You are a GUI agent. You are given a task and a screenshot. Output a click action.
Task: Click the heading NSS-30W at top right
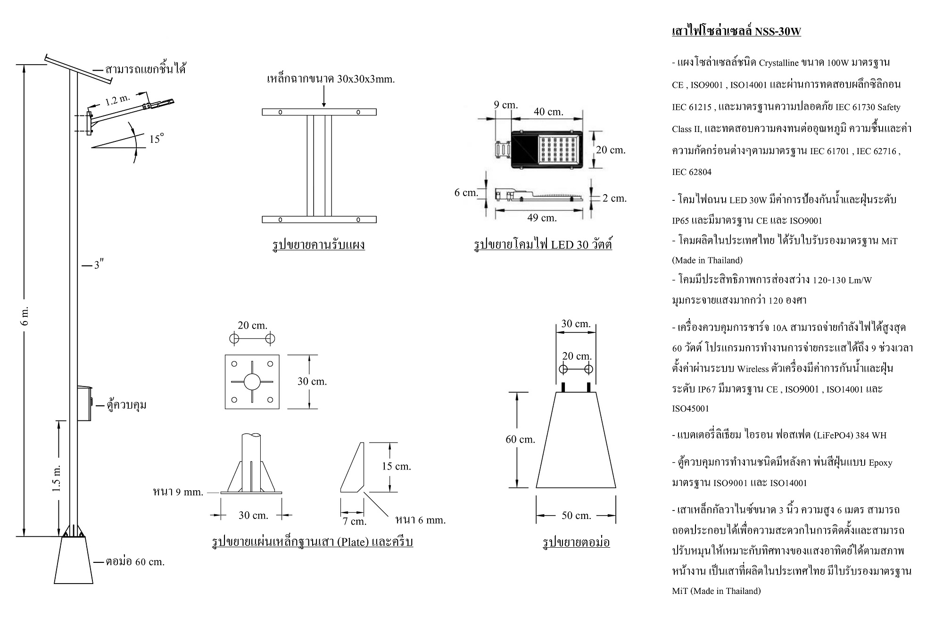(x=778, y=32)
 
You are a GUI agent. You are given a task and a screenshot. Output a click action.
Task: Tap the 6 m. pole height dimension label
(x=25, y=316)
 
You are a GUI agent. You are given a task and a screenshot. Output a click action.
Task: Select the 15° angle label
(x=157, y=139)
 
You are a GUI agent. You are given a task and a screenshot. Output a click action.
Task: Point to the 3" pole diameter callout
(x=98, y=265)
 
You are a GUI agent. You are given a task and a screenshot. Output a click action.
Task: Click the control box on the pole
(x=85, y=403)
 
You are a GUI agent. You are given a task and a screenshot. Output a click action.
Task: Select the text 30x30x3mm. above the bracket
(x=366, y=79)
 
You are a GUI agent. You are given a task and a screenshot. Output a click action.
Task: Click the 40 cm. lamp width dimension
(x=548, y=112)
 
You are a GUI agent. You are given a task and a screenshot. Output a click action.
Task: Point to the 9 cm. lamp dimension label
(x=505, y=105)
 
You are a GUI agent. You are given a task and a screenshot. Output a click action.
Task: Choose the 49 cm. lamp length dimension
(x=542, y=218)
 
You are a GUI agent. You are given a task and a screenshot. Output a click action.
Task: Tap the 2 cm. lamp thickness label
(x=614, y=198)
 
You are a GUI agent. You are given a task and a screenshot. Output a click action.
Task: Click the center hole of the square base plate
(x=252, y=381)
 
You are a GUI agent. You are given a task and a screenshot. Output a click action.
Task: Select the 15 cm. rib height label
(x=396, y=467)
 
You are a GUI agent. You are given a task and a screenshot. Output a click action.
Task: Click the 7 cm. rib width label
(x=355, y=521)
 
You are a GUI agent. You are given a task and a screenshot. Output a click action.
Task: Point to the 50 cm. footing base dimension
(x=576, y=516)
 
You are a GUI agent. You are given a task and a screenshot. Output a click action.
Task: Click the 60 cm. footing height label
(x=521, y=439)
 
